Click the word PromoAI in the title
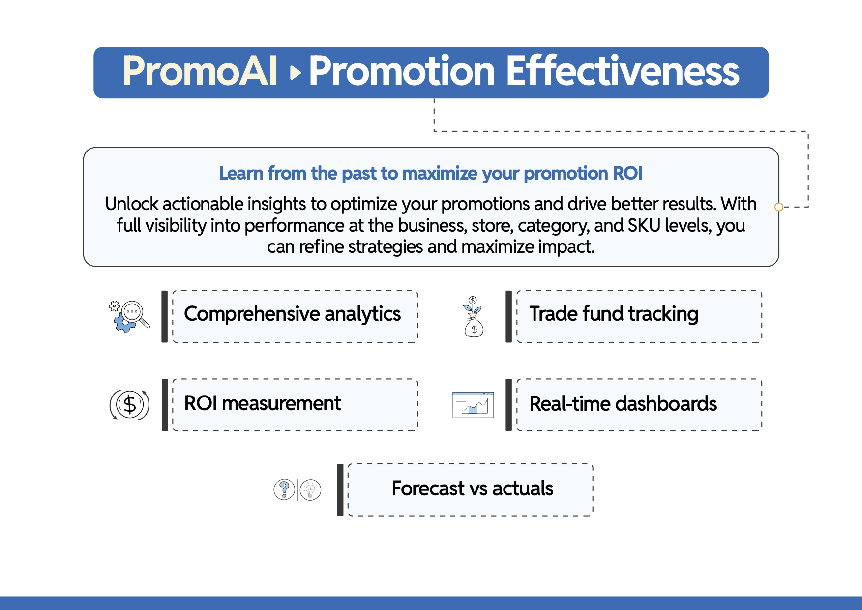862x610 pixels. [200, 71]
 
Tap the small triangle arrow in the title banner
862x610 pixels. [296, 73]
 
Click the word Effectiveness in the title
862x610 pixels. [623, 71]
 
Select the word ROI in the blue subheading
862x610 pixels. [627, 173]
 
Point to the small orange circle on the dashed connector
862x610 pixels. [778, 207]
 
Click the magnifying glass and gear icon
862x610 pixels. [129, 316]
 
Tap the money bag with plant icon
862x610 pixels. [474, 317]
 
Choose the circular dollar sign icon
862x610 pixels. [129, 405]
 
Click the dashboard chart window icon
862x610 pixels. [473, 405]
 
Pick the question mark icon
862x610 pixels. [284, 489]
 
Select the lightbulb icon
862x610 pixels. [310, 489]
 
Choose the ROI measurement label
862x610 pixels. [263, 403]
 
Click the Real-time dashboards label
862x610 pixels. [623, 403]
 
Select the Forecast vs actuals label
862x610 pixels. [473, 488]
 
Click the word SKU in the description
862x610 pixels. [645, 225]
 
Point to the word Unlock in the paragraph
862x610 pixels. [132, 204]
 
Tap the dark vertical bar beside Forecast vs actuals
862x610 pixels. [340, 489]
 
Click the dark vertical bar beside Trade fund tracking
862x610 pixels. [508, 316]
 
